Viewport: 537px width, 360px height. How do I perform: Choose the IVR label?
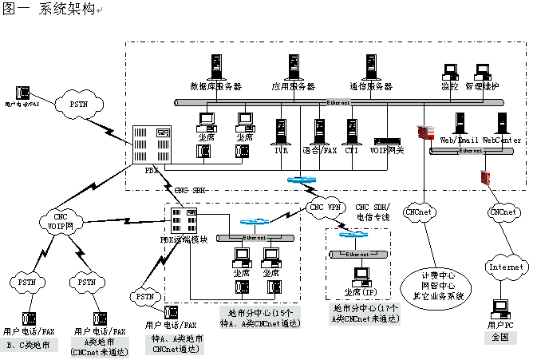pyautogui.click(x=280, y=149)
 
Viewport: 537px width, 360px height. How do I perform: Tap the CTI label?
pyautogui.click(x=352, y=149)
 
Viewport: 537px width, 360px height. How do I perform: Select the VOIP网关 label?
pyautogui.click(x=389, y=149)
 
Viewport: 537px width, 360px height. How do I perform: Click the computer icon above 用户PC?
pyautogui.click(x=501, y=307)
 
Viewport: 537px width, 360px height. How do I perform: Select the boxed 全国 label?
pyautogui.click(x=501, y=338)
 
